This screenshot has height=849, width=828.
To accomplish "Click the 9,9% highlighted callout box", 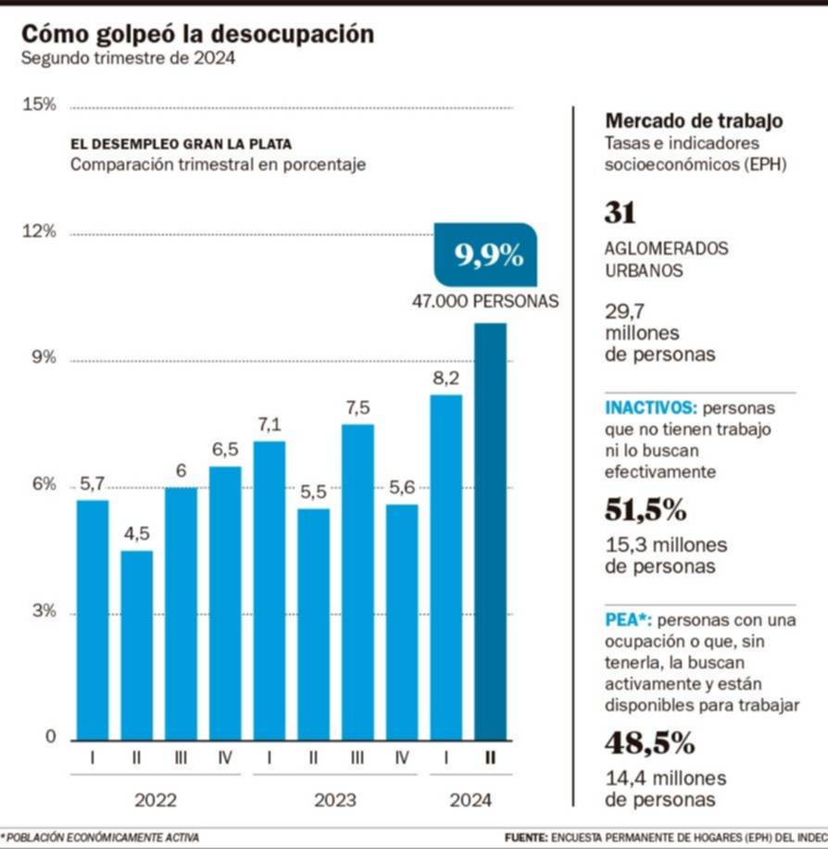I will (486, 255).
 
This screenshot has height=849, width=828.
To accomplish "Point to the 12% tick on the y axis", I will (40, 231).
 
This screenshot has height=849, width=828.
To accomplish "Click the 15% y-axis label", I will (40, 105).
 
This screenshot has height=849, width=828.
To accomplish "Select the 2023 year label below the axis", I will (335, 799).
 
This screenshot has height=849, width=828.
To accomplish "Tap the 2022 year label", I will (156, 799).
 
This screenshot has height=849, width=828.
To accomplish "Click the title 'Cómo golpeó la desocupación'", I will (197, 34).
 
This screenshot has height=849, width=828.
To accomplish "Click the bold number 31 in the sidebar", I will (620, 213).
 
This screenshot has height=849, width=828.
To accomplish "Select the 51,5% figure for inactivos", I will (645, 509).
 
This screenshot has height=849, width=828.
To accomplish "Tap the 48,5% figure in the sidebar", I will (649, 743).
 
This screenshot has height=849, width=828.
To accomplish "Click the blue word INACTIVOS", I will (650, 407).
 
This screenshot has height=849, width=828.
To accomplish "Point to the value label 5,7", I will (92, 483).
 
